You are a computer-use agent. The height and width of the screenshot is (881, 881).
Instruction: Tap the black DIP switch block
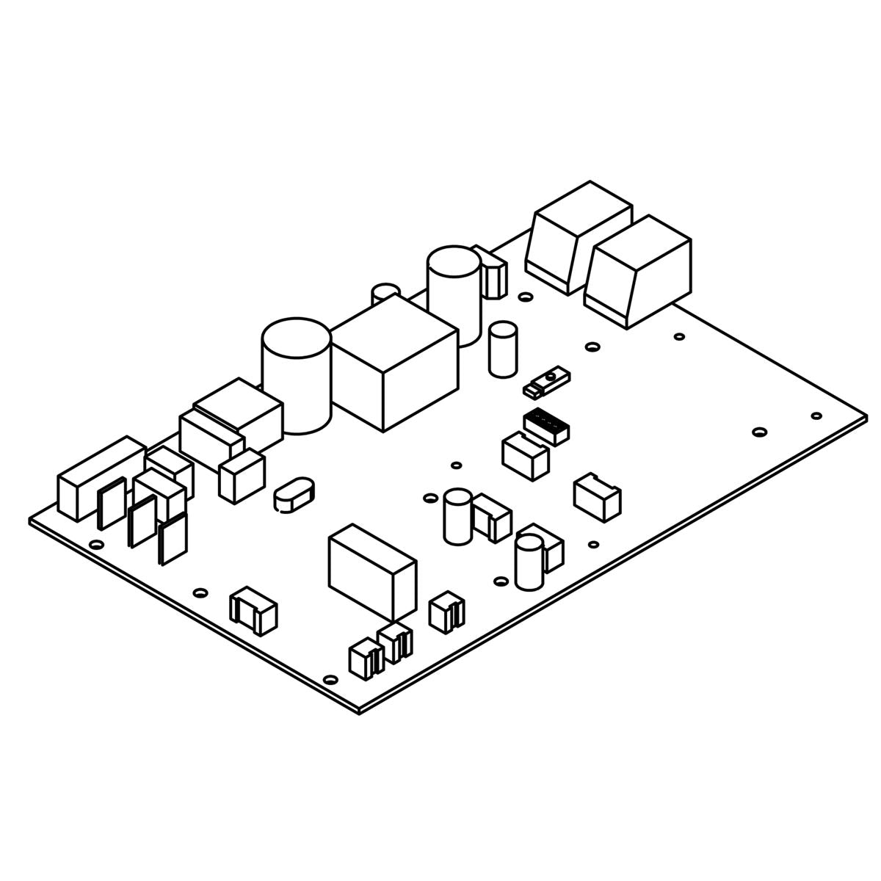pos(548,425)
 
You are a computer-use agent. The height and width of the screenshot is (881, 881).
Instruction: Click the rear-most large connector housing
pos(580,233)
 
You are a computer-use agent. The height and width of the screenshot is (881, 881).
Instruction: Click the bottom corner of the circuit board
pos(360,711)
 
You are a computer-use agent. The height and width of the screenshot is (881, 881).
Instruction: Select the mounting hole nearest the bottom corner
pos(330,679)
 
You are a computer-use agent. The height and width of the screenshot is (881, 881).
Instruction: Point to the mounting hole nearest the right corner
pos(816,416)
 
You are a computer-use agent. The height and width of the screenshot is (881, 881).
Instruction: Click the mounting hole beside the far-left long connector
pos(95,545)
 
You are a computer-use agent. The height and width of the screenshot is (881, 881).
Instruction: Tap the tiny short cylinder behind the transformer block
pos(385,293)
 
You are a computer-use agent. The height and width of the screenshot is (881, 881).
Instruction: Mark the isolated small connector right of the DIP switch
pos(597,497)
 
